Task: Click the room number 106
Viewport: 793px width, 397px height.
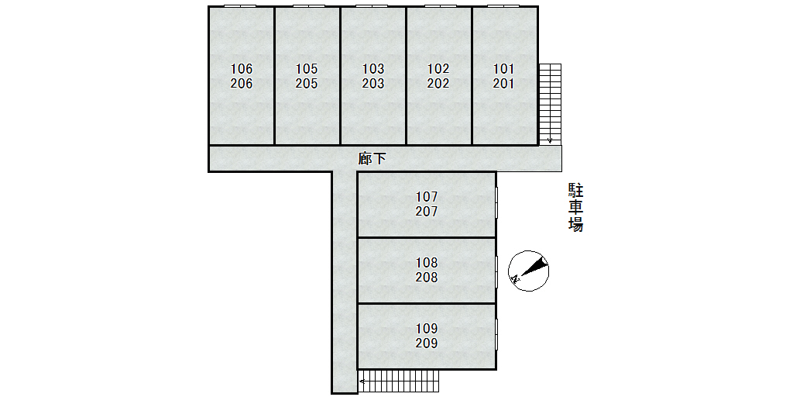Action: coord(242,69)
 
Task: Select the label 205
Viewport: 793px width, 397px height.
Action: coord(307,84)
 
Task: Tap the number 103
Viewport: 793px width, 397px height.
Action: coord(373,69)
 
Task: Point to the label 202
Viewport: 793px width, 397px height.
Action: coord(438,84)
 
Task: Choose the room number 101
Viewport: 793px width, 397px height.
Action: coord(503,69)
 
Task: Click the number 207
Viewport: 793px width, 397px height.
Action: coord(427,211)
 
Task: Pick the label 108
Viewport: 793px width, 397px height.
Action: coord(427,263)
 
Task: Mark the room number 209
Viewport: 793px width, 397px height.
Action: coord(427,343)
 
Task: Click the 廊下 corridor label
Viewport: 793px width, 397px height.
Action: coord(372,159)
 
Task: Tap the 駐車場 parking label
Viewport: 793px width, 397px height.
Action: coord(575,208)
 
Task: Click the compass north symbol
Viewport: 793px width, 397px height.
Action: coord(528,271)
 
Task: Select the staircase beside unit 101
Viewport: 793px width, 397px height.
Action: coord(550,104)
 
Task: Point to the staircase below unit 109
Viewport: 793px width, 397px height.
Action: coord(400,381)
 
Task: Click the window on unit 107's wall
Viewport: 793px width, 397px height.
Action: coord(496,202)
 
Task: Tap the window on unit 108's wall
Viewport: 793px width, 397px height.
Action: coord(496,271)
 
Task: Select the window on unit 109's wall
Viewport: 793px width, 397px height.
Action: coord(496,334)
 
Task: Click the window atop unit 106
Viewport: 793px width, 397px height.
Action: coord(240,6)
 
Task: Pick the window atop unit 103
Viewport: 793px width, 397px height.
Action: coord(372,6)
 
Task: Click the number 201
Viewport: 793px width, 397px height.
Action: coord(503,84)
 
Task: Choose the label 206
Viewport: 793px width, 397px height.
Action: coord(242,84)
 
